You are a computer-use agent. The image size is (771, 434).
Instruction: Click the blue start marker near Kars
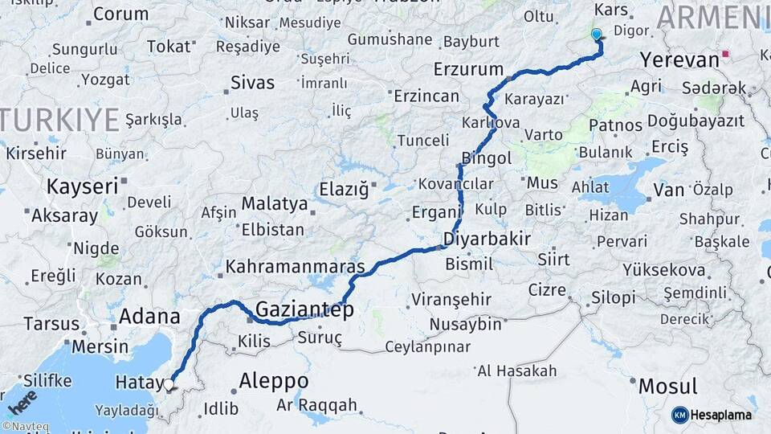tap(596, 35)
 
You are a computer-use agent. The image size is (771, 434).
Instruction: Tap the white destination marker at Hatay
tap(169, 384)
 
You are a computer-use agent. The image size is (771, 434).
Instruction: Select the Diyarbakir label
tap(487, 239)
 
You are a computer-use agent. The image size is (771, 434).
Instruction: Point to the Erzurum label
tap(468, 69)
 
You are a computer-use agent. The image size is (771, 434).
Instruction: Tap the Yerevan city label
tap(679, 60)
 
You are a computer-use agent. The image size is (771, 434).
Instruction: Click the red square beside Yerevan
tap(726, 55)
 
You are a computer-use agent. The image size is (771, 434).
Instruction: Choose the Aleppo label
tap(274, 380)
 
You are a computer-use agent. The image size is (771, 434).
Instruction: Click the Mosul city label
tap(667, 386)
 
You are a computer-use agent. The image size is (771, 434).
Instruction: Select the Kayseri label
tap(83, 186)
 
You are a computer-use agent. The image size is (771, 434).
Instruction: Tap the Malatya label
tap(275, 204)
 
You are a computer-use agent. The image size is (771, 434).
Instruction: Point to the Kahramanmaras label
tap(296, 266)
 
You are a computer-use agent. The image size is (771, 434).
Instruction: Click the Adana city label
tap(149, 317)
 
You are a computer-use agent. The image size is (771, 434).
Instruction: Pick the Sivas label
tap(252, 83)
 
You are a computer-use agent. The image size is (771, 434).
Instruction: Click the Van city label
tap(668, 190)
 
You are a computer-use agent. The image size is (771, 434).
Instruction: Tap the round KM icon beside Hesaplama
tap(679, 415)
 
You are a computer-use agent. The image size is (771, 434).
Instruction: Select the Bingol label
tap(487, 158)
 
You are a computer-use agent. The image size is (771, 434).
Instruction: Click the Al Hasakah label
tap(516, 371)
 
